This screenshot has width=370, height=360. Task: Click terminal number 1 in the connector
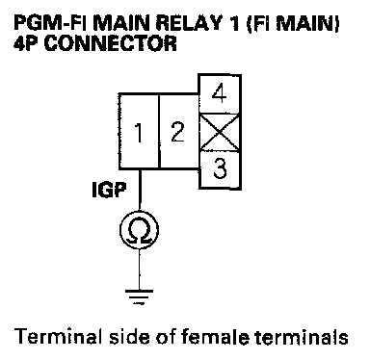pos(139,131)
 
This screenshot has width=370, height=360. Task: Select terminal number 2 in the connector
pos(178,131)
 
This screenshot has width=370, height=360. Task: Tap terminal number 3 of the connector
pos(220,169)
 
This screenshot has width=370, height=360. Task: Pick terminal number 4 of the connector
pos(220,93)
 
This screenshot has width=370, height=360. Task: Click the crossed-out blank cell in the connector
pos(220,132)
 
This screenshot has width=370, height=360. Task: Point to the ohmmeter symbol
pos(139,230)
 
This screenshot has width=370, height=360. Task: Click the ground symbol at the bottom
pos(139,297)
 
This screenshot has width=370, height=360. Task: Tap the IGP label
pos(109,190)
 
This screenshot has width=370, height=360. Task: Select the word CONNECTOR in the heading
pos(110,43)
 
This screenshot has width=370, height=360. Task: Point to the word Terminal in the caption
pos(59,337)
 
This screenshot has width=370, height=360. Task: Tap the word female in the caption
pos(215,337)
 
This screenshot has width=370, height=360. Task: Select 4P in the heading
pos(27,43)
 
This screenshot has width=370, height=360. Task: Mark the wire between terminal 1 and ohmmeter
pos(140,190)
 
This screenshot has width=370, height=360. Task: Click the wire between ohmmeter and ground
pos(140,270)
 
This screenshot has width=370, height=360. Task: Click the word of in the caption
pos(166,337)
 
